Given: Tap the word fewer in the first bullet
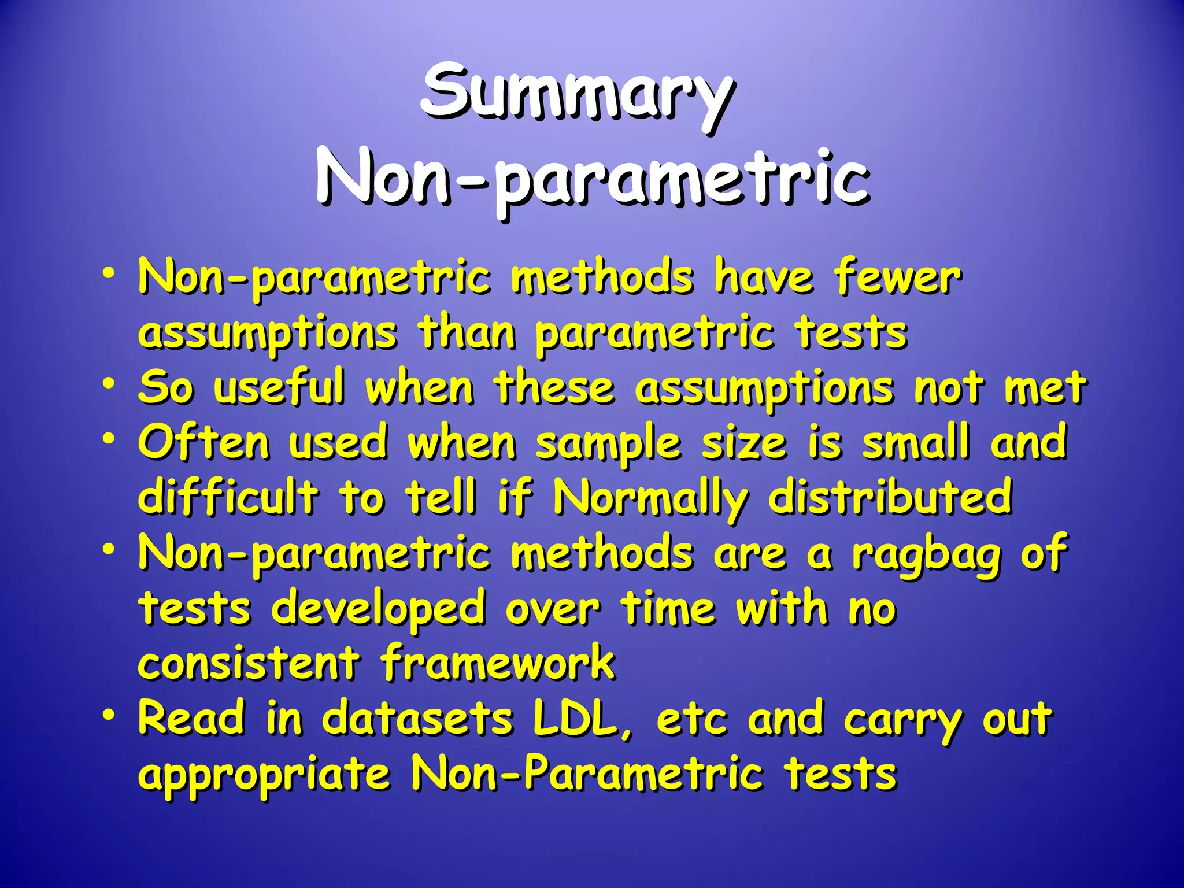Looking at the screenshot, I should [x=897, y=278].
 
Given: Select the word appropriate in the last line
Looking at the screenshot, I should [x=264, y=776].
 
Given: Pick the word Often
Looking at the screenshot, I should [x=204, y=443].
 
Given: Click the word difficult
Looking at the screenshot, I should [x=228, y=497].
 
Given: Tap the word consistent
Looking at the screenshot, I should [x=249, y=664].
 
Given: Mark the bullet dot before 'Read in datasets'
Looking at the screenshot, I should [x=108, y=715].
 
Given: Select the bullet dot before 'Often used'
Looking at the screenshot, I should [x=108, y=439].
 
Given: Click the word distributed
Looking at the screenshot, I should [x=890, y=497].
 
